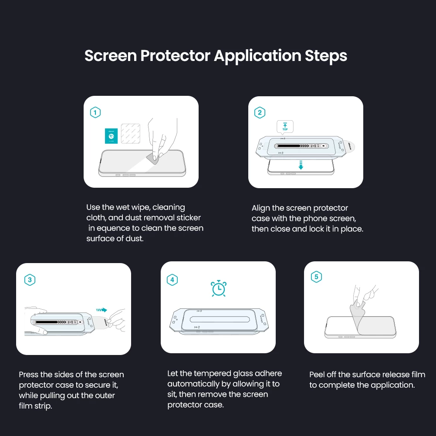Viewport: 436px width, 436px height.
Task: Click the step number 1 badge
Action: click(x=95, y=113)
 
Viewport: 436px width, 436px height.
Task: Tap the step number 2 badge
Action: click(x=260, y=113)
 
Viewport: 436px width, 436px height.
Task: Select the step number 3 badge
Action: click(x=30, y=280)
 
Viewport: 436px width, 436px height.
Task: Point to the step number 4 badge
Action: click(x=172, y=280)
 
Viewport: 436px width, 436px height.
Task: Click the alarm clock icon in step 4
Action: click(x=218, y=288)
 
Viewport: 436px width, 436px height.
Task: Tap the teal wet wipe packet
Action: click(x=112, y=136)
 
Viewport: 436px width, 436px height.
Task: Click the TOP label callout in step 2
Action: click(x=285, y=127)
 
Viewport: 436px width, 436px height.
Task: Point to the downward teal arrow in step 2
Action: click(x=301, y=165)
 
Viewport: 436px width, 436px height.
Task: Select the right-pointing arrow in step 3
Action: click(x=101, y=310)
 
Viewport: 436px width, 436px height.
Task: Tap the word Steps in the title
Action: click(x=326, y=56)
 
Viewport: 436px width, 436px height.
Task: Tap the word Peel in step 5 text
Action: click(x=317, y=375)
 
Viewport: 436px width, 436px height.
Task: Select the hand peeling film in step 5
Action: click(x=364, y=296)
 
